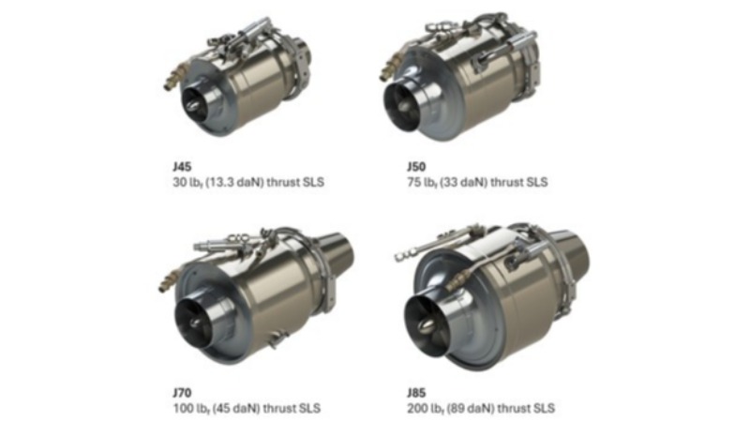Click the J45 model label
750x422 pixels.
click(x=182, y=167)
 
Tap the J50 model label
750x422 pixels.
click(x=416, y=167)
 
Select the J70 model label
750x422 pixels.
click(x=182, y=393)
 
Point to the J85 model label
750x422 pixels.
click(x=416, y=393)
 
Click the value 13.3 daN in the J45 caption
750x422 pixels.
click(x=234, y=182)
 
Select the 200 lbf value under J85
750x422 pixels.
click(x=426, y=409)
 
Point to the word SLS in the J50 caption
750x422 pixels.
click(x=536, y=182)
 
